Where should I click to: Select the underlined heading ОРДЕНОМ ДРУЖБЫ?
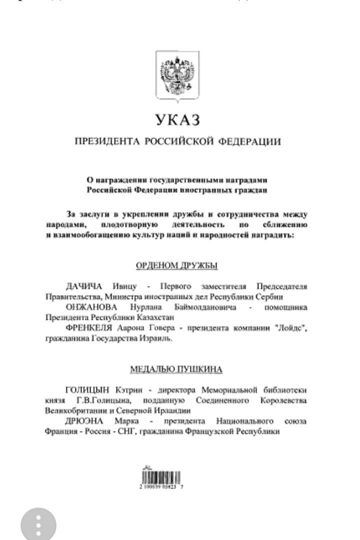(x=177, y=265)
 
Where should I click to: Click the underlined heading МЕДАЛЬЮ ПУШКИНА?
(x=176, y=370)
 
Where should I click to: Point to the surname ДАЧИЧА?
(x=83, y=286)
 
